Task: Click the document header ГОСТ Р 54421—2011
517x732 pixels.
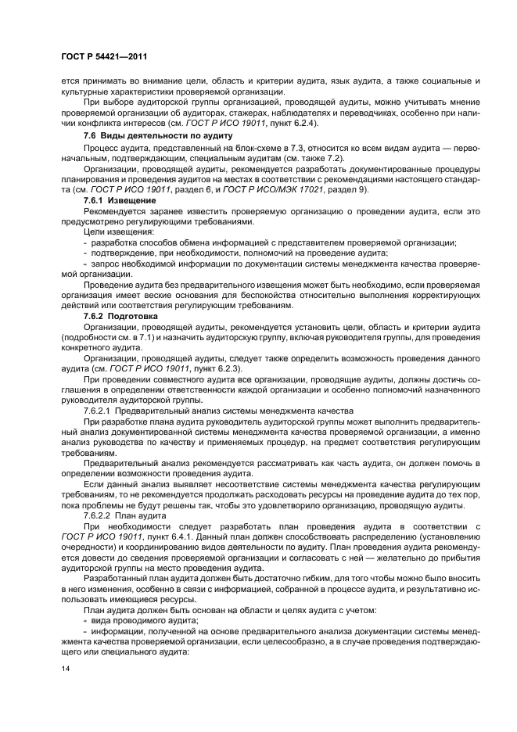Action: tap(104, 57)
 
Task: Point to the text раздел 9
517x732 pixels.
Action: tap(404, 190)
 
